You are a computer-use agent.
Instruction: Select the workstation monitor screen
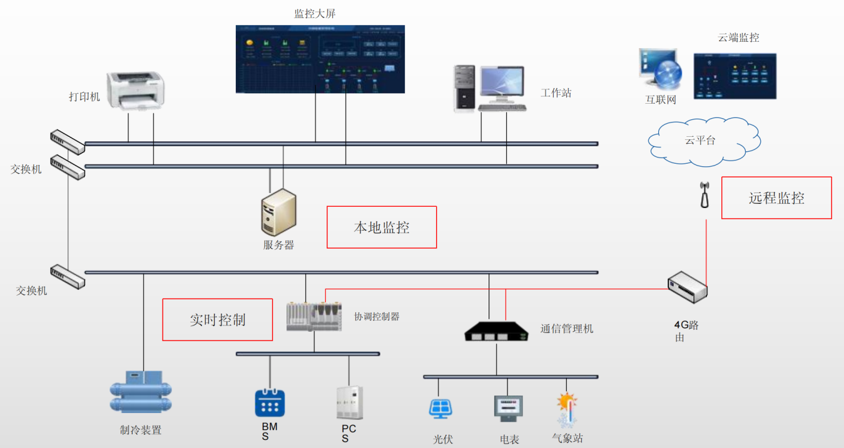click(501, 84)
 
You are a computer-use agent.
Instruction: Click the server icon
click(278, 212)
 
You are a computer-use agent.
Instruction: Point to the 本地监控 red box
click(382, 227)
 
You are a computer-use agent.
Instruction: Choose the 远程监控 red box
click(776, 198)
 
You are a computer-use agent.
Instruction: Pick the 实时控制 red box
click(218, 320)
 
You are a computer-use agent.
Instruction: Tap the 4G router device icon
click(687, 288)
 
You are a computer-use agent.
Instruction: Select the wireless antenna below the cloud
click(704, 194)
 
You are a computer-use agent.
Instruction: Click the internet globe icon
click(667, 74)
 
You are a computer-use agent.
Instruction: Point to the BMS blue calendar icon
click(270, 403)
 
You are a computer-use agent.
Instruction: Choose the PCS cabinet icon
click(349, 403)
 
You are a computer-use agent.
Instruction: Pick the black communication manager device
click(497, 331)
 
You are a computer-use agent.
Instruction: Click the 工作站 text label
click(556, 93)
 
